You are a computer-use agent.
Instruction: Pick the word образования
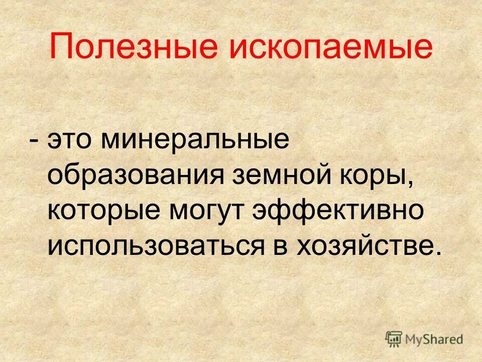[136, 176]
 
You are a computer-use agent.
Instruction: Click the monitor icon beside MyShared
[394, 338]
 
